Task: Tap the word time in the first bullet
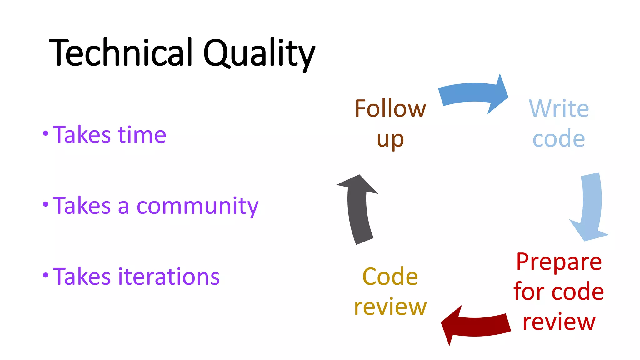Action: click(x=142, y=135)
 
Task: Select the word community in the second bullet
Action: click(x=197, y=206)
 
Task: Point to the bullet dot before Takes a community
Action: click(x=46, y=205)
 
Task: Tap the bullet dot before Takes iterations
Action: click(x=46, y=275)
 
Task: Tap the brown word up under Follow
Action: click(x=390, y=139)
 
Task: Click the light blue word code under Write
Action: click(x=559, y=138)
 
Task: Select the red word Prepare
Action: click(x=559, y=262)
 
